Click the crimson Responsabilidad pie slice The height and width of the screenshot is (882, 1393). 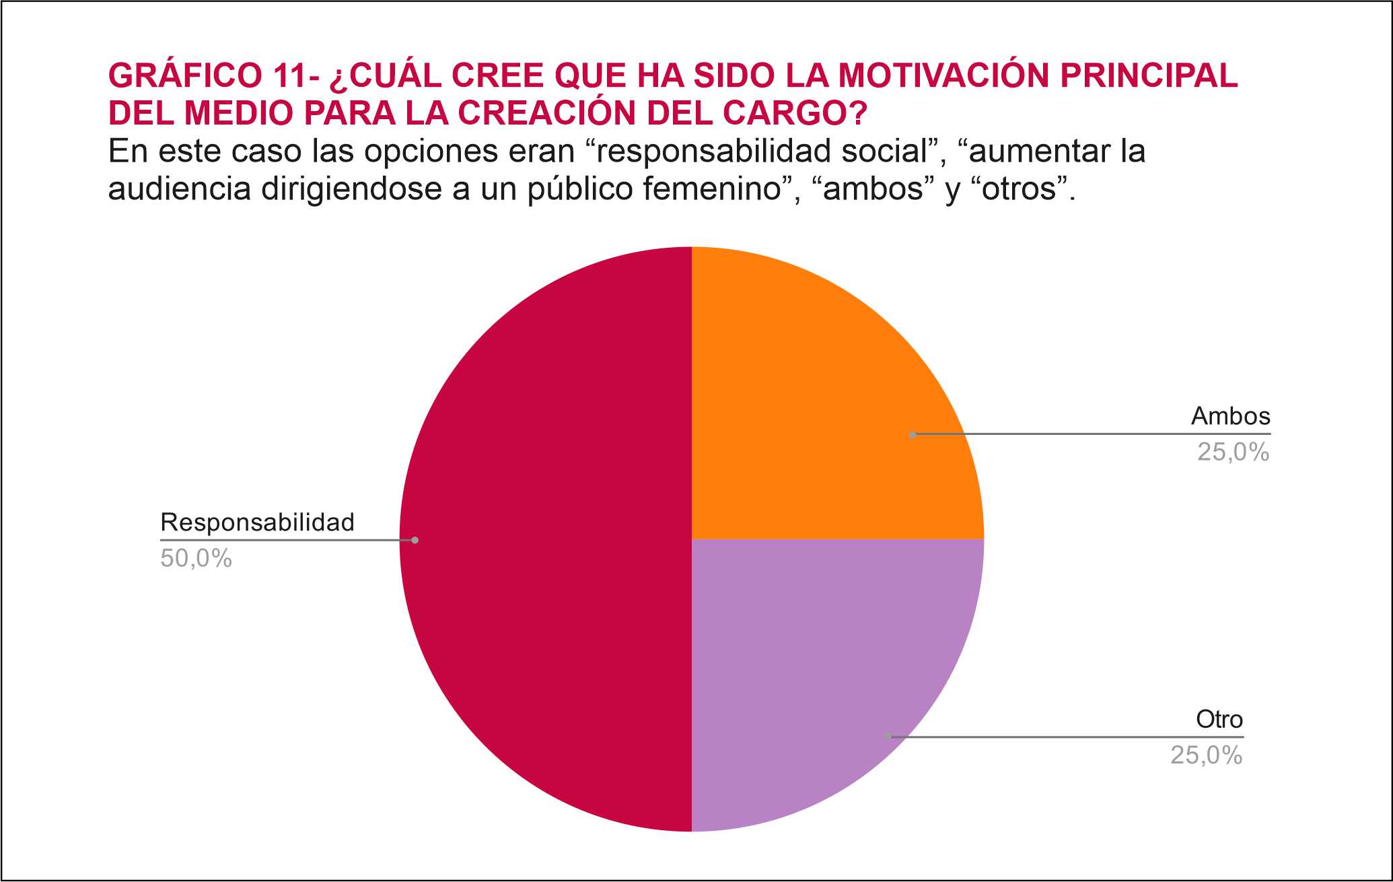545,539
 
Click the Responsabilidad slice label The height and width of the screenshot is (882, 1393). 257,522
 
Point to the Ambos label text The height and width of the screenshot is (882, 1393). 1230,417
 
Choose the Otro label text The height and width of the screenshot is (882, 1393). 1219,720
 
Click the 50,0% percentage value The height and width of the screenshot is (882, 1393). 196,559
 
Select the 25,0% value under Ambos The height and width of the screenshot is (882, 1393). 1233,452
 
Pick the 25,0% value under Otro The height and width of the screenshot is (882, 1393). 1206,755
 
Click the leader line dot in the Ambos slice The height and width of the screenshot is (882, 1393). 913,435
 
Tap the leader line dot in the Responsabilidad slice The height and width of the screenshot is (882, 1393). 415,540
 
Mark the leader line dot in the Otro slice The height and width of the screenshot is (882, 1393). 888,737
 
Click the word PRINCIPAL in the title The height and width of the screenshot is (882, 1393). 1149,75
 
